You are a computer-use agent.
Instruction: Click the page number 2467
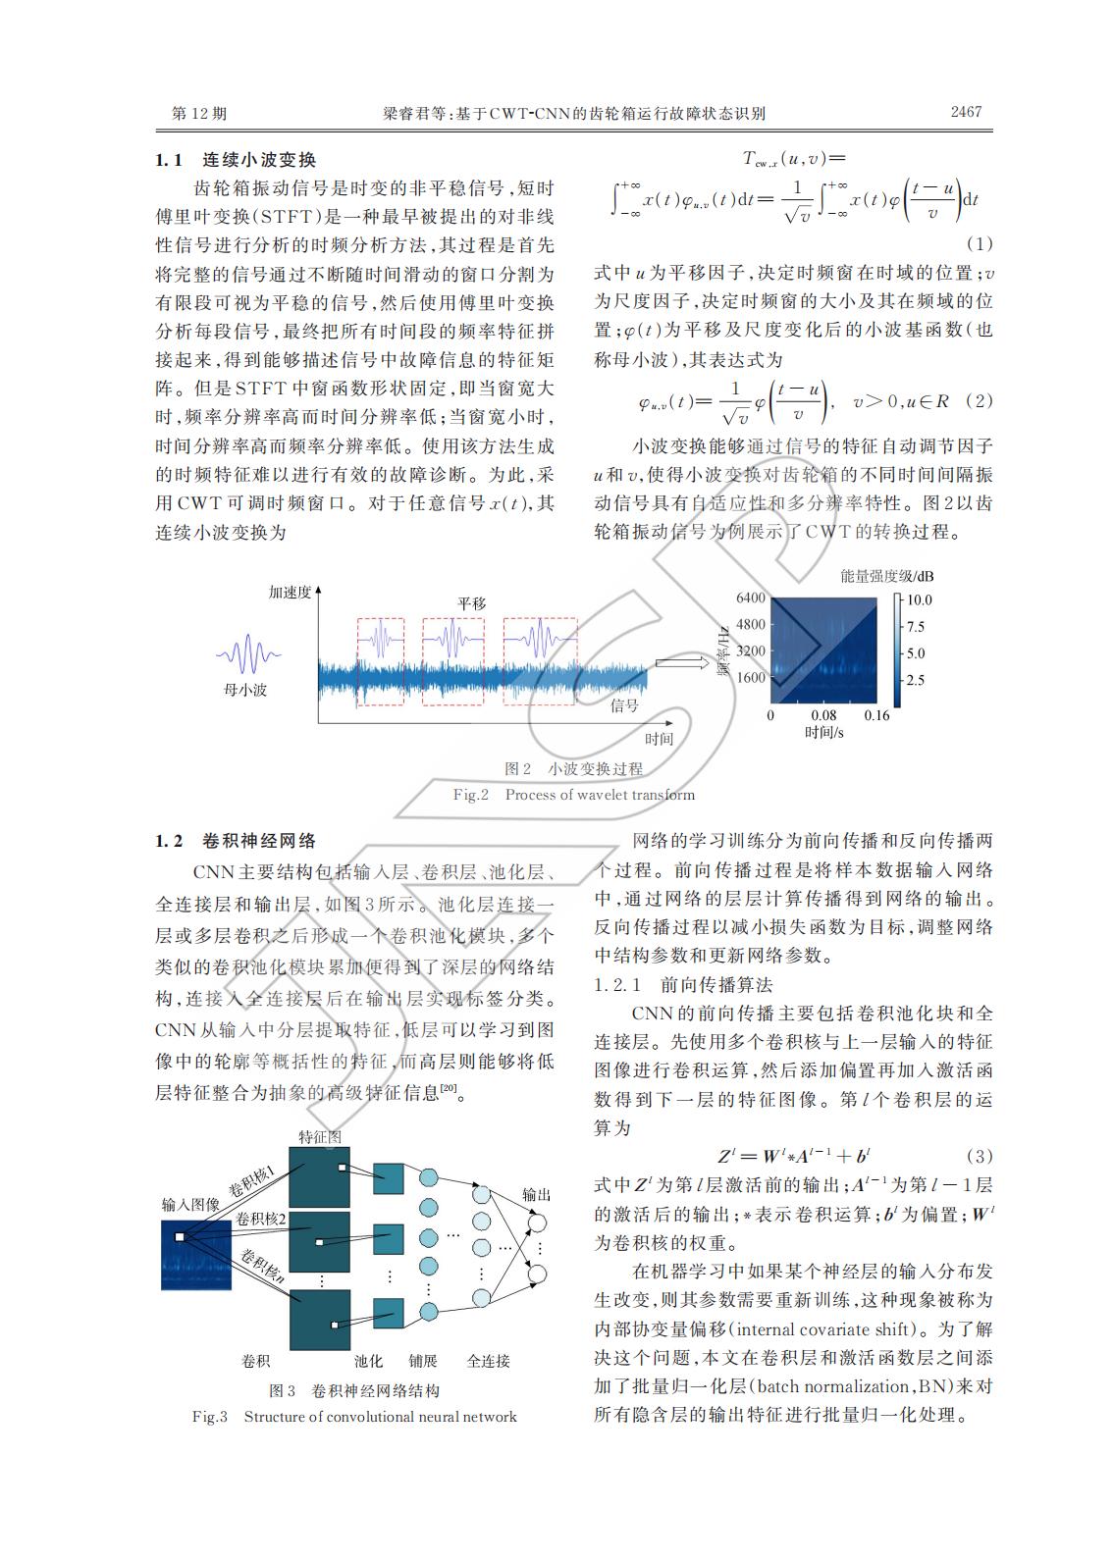(965, 112)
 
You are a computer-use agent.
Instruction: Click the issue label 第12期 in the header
(199, 114)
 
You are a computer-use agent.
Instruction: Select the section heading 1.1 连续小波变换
(236, 160)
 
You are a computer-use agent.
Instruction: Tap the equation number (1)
(979, 242)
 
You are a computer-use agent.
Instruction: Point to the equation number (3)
(979, 1155)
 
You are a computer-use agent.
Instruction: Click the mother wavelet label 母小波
(245, 690)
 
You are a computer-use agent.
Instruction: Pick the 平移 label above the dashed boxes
(471, 603)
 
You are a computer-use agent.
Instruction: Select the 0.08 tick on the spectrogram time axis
(823, 715)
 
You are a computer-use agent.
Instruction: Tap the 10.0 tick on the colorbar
(920, 599)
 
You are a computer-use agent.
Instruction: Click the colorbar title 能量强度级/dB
(886, 575)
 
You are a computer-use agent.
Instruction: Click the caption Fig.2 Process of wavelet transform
(573, 795)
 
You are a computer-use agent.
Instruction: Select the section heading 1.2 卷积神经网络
(236, 841)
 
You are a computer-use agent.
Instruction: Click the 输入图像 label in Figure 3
(189, 1204)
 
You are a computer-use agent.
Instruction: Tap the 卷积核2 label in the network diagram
(261, 1219)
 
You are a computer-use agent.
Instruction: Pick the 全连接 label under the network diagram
(488, 1361)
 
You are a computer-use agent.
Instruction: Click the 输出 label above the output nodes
(536, 1194)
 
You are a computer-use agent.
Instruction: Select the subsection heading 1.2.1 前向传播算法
(683, 984)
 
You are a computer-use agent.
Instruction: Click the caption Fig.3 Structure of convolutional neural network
(354, 1416)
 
